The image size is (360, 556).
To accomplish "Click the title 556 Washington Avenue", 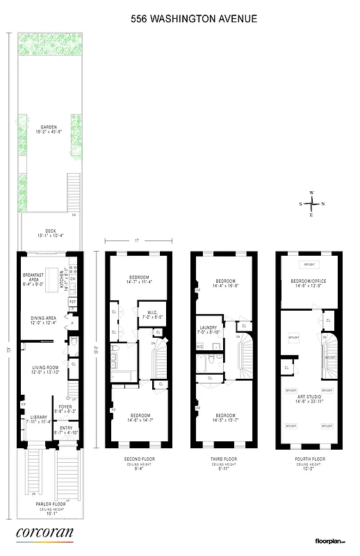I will tap(194, 19).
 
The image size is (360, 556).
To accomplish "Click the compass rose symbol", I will tap(313, 204).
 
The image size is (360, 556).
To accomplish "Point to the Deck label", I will tap(49, 233).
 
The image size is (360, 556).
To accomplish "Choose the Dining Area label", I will tap(44, 318).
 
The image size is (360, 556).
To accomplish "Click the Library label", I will tap(38, 418).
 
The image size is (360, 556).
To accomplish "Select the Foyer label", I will tap(65, 409).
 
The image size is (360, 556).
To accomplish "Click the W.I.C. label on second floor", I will tap(149, 313).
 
